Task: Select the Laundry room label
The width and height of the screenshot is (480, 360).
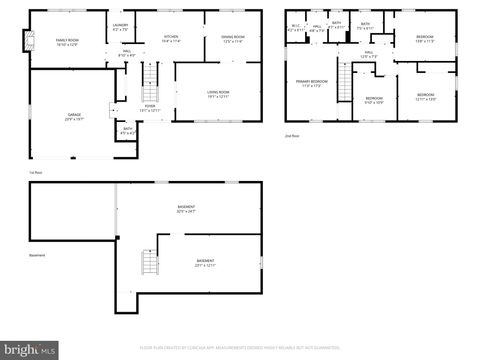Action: coord(120,27)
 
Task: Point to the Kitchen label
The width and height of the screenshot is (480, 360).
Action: coord(171,38)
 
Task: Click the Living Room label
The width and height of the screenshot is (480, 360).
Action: coord(219,94)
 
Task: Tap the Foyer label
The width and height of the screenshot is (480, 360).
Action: coord(149,107)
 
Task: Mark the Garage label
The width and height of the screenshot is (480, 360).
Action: coord(74,117)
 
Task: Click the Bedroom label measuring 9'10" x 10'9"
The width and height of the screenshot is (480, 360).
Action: coord(374,100)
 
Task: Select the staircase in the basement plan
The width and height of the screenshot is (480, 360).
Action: coord(150,263)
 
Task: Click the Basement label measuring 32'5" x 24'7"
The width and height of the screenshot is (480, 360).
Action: coord(186,209)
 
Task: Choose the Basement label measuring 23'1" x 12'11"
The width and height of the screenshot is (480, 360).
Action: coord(205,263)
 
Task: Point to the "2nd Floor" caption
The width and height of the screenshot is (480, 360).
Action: coord(291,135)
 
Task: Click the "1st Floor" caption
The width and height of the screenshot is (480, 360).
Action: coord(35,172)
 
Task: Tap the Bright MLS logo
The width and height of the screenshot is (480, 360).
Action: coord(29,350)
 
